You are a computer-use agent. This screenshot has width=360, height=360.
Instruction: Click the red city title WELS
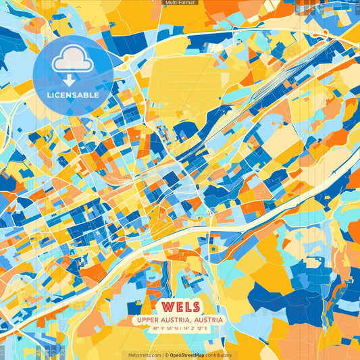coord(179,305)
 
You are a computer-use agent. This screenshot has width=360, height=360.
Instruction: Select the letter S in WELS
coord(195,305)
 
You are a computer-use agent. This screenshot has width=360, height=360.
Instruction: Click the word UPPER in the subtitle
coord(147,319)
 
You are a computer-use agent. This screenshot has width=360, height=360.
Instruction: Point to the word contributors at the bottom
coord(219,355)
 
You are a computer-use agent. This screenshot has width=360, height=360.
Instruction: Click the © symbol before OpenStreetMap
coord(166,355)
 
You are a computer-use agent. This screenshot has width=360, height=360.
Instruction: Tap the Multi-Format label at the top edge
coord(180,3)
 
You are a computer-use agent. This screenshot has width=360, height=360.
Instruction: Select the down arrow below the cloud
coord(70,80)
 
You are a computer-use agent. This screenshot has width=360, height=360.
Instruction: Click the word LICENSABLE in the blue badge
coord(73,95)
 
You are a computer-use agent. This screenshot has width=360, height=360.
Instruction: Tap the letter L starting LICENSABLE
coord(49,95)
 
